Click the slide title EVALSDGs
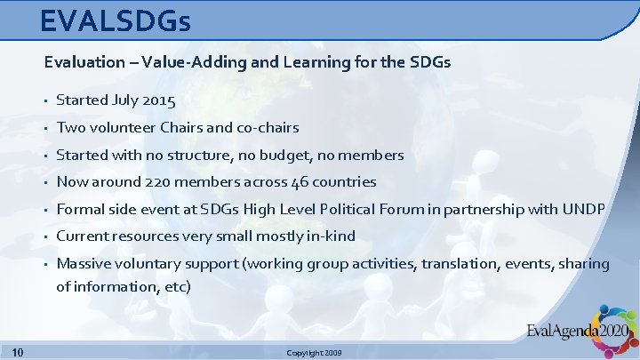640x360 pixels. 115,20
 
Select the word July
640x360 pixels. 129,101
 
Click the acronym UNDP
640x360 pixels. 585,210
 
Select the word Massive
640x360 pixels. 82,264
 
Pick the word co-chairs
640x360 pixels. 268,128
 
